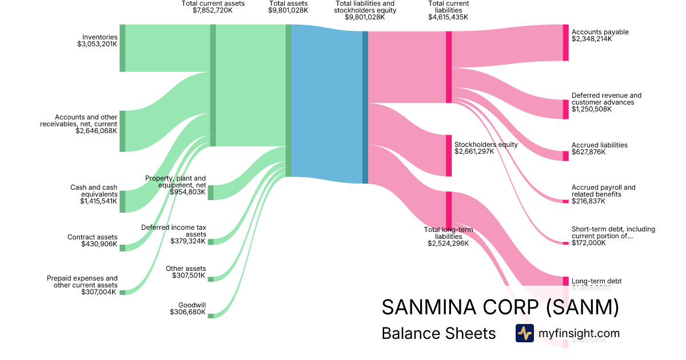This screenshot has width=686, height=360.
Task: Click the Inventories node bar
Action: [x=122, y=48]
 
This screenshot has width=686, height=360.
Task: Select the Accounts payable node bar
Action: [x=566, y=43]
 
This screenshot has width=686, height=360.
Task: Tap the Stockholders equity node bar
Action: [x=449, y=155]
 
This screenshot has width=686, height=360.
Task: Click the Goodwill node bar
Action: [x=210, y=315]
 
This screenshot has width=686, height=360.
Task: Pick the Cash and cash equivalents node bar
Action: [x=122, y=202]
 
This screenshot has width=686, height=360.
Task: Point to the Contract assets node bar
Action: [x=122, y=247]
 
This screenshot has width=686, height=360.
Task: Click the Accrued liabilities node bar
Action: [x=566, y=156]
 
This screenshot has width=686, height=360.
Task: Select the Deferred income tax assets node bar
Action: [x=210, y=242]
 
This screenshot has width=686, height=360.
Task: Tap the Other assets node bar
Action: [x=210, y=279]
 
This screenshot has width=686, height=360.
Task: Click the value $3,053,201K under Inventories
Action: [x=97, y=44]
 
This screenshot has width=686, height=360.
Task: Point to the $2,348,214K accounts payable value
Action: [x=592, y=39]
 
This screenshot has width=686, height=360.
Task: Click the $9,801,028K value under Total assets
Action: [x=288, y=10]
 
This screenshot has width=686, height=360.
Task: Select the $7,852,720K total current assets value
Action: [x=213, y=10]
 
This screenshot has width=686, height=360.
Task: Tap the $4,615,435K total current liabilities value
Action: [x=448, y=17]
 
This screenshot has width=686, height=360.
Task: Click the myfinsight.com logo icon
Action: [x=524, y=333]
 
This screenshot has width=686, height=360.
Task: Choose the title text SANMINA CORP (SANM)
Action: [x=500, y=307]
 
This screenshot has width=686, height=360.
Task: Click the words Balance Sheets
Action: [x=438, y=333]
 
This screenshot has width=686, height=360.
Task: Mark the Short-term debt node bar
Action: [x=566, y=243]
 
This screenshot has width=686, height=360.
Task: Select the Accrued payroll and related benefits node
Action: [x=566, y=201]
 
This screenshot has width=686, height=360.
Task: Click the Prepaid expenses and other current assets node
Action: [x=122, y=292]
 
